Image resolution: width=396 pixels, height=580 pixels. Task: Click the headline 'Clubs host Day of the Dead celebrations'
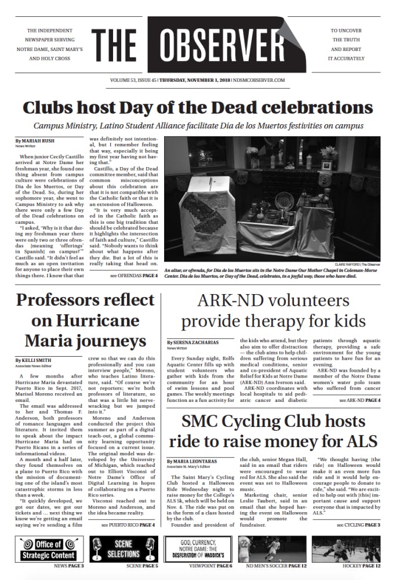tap(198, 108)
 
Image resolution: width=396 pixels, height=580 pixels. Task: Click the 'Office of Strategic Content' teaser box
tap(48, 549)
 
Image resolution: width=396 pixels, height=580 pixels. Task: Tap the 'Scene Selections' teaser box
tap(123, 549)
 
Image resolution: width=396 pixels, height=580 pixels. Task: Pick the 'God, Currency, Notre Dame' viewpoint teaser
tap(198, 549)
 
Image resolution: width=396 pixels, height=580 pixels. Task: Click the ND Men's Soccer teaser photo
tap(272, 549)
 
